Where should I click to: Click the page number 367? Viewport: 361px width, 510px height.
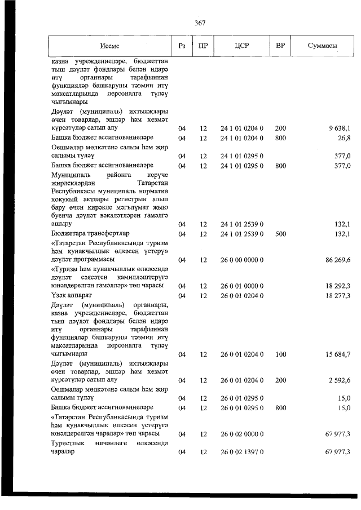(x=199, y=23)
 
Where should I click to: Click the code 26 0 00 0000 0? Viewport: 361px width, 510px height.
(x=241, y=260)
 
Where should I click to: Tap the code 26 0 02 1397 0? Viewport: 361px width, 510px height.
(x=241, y=452)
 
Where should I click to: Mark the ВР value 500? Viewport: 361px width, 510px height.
(x=280, y=233)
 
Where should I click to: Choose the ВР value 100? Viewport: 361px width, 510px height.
(x=280, y=354)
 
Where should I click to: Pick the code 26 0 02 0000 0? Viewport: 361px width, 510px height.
(x=241, y=434)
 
